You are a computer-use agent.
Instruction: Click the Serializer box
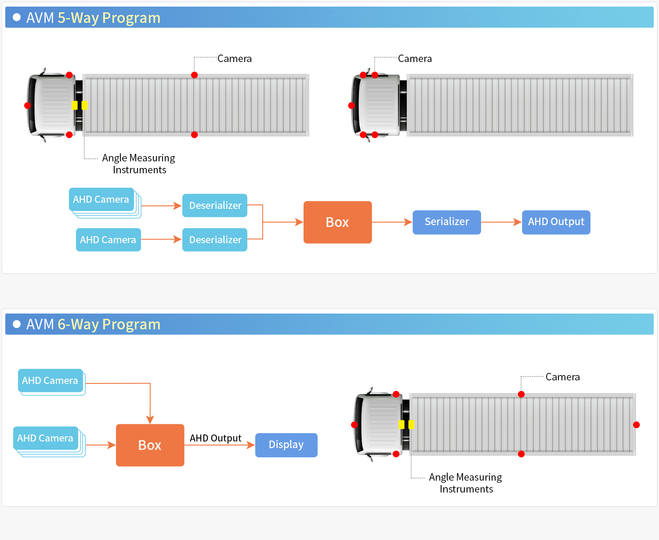click(446, 222)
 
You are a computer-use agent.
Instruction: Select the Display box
click(286, 445)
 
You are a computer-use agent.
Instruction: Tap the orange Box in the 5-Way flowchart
click(337, 222)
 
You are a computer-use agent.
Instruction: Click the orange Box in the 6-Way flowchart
click(150, 445)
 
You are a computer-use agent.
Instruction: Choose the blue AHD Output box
click(556, 222)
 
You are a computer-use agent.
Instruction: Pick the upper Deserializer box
click(215, 205)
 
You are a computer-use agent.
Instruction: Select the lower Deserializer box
click(215, 240)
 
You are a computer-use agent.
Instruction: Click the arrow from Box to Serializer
click(392, 222)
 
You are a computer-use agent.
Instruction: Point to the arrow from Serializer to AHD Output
click(501, 222)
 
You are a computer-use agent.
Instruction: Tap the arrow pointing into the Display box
click(220, 445)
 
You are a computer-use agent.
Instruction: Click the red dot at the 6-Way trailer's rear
click(636, 424)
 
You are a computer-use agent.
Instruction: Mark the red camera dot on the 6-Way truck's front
click(354, 424)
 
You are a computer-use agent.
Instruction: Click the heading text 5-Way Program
click(109, 18)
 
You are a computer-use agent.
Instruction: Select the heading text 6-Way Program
click(109, 325)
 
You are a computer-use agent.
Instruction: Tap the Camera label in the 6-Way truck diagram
click(562, 377)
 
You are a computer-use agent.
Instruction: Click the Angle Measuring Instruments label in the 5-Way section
click(139, 164)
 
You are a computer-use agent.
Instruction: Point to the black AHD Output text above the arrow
click(215, 438)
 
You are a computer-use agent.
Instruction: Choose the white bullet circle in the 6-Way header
click(17, 324)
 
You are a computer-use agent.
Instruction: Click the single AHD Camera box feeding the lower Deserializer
click(108, 240)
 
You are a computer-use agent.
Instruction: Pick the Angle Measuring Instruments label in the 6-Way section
click(466, 483)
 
